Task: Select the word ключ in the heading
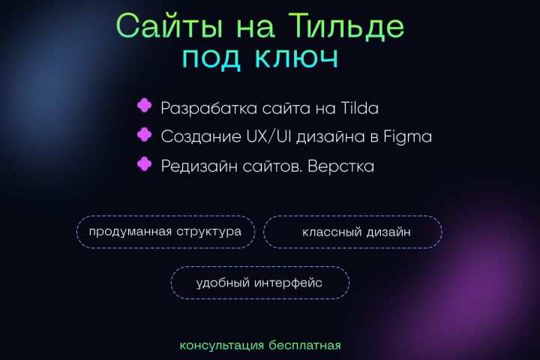click(302, 58)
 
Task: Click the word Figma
click(407, 136)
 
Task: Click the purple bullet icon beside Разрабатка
click(144, 106)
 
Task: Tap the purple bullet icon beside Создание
click(144, 135)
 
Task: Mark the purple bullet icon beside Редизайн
click(144, 163)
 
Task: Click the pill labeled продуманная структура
click(165, 231)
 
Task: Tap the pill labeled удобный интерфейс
click(259, 283)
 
